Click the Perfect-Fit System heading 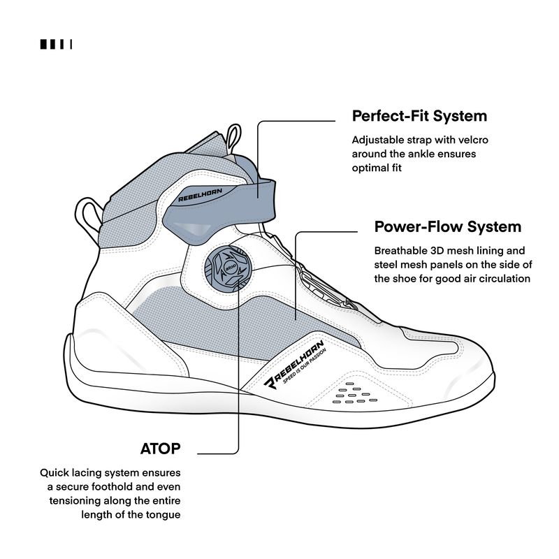tap(419, 115)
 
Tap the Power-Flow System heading tap(448, 227)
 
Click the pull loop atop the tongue tap(234, 136)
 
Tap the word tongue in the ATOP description tap(164, 514)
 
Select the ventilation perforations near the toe tap(347, 394)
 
